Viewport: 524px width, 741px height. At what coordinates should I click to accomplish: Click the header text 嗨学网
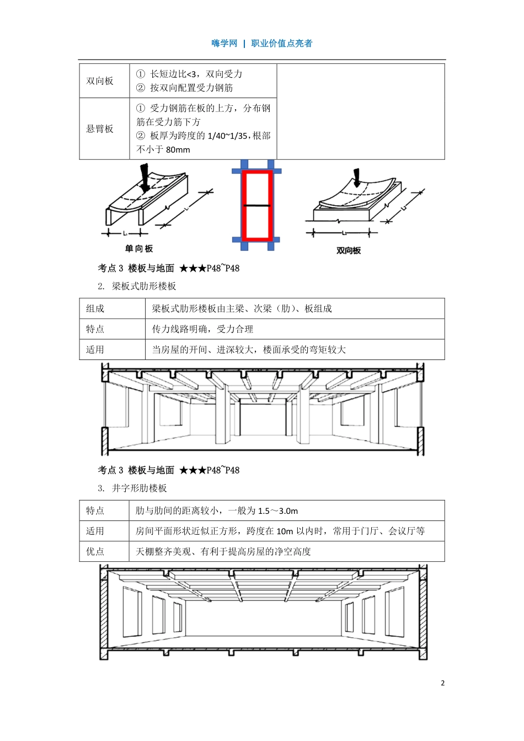[224, 44]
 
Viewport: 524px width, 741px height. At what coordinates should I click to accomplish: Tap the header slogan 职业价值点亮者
[281, 44]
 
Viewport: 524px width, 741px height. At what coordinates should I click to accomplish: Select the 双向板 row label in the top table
[100, 81]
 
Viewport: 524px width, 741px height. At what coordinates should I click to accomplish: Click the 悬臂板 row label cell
[100, 129]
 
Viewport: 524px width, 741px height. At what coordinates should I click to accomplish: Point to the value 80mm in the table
[178, 150]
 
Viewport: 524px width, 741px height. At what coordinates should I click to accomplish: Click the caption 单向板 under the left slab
[138, 249]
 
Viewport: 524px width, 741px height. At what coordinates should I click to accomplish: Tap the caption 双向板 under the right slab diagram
[348, 250]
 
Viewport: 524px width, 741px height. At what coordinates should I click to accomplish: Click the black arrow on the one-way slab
[145, 179]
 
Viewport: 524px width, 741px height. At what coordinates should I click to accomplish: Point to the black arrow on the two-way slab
[357, 178]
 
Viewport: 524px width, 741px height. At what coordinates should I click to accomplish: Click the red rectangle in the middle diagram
[256, 205]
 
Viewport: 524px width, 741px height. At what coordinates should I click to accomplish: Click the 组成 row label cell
[95, 309]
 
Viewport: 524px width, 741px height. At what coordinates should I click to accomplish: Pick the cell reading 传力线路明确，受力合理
[202, 329]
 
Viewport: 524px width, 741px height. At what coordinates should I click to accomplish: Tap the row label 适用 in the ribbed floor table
[95, 350]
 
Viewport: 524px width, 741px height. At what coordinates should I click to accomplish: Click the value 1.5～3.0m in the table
[278, 511]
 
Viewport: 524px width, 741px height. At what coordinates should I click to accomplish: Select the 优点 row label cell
[95, 551]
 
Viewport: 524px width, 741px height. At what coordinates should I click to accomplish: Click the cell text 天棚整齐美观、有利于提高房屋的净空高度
[223, 551]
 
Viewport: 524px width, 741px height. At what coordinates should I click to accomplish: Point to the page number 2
[442, 683]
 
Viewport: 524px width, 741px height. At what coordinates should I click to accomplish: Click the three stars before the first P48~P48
[193, 269]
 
